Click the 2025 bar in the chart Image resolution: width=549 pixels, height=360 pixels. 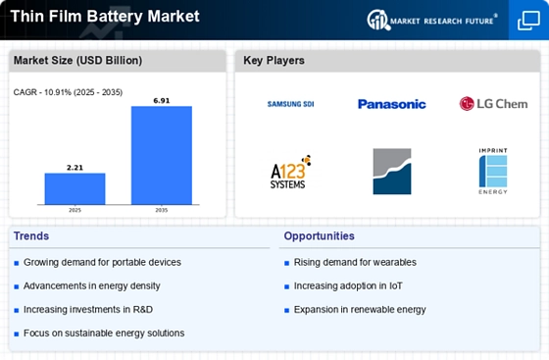point(75,188)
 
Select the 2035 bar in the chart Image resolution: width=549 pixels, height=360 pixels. point(162,155)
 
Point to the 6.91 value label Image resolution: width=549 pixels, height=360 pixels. point(162,101)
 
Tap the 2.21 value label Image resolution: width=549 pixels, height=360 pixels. point(75,168)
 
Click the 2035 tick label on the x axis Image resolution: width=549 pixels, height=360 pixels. point(162,210)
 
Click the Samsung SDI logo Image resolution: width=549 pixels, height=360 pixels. point(290,104)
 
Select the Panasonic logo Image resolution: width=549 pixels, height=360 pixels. point(392,104)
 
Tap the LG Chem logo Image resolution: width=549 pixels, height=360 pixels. point(493,104)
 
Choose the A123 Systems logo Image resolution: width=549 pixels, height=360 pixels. point(290,172)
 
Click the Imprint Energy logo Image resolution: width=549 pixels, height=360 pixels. point(493,171)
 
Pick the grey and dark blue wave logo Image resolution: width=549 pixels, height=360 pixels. point(392,172)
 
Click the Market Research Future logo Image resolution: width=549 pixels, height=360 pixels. point(432,20)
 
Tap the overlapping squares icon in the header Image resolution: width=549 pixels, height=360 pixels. point(528,21)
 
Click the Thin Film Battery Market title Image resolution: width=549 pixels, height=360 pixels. point(105,17)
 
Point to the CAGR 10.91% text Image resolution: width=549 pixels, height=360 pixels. point(68,92)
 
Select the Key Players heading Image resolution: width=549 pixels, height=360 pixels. point(274,60)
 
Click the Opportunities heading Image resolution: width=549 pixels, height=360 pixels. point(319,236)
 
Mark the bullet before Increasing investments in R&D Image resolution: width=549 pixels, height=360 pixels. point(16,310)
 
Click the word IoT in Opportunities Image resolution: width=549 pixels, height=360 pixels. point(395,286)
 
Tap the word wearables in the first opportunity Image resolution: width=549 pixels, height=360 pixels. point(394,262)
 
